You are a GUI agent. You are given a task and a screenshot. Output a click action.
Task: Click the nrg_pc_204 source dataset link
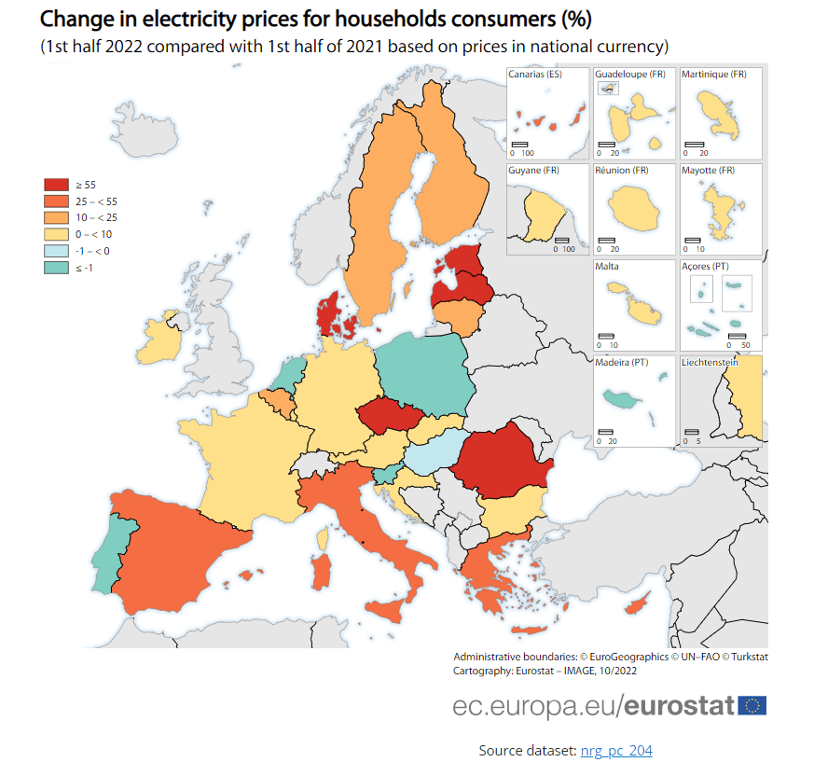616,750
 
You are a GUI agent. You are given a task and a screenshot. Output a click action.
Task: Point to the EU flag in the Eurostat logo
752,705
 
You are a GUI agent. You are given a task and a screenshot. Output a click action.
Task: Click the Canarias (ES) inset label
535,75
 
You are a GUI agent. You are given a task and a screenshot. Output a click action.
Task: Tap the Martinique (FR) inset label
714,75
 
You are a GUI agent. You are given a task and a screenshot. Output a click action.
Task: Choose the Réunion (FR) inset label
621,171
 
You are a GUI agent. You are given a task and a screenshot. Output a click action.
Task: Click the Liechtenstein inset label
711,362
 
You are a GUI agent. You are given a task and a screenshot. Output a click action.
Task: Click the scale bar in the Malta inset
606,335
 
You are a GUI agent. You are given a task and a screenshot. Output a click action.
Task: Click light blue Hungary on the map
436,452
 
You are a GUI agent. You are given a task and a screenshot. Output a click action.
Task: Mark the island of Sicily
388,613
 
